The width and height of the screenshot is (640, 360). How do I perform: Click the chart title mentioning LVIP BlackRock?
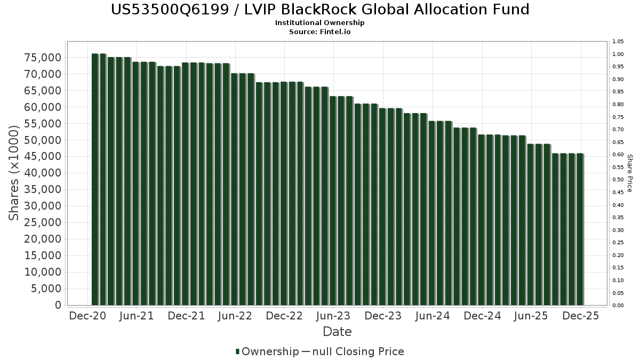click(x=320, y=10)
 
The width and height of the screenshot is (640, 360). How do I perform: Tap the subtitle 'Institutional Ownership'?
click(x=320, y=23)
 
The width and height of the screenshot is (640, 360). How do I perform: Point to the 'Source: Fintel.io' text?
click(x=320, y=31)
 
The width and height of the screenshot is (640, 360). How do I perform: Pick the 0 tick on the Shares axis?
click(x=59, y=305)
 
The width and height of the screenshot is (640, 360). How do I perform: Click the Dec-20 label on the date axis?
click(x=88, y=316)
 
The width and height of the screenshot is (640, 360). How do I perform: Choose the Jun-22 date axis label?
click(x=235, y=316)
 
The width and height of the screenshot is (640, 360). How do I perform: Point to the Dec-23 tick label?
click(x=383, y=316)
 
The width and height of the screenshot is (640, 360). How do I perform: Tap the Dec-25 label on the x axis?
click(x=580, y=316)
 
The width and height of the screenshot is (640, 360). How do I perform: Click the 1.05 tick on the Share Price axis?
click(x=618, y=42)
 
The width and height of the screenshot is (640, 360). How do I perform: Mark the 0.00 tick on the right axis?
click(x=618, y=306)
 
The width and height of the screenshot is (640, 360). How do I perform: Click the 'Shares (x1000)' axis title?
click(x=14, y=173)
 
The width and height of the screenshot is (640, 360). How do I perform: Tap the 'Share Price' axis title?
click(x=629, y=173)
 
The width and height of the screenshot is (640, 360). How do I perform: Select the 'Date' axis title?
click(x=337, y=332)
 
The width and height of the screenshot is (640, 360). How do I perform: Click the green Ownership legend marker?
click(x=238, y=351)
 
